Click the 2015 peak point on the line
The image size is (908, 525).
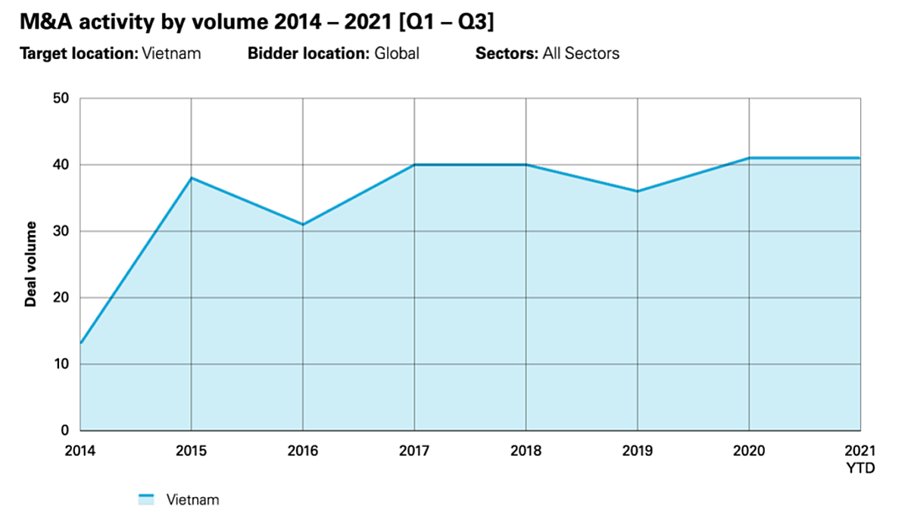pyautogui.click(x=191, y=178)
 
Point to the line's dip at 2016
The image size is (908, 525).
pyautogui.click(x=303, y=224)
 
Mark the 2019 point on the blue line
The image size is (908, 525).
pyautogui.click(x=638, y=191)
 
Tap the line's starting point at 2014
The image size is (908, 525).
pyautogui.click(x=80, y=343)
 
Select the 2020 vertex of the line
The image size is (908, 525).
pyautogui.click(x=749, y=158)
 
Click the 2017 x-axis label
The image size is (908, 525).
pyautogui.click(x=414, y=451)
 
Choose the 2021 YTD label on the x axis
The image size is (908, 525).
pyautogui.click(x=860, y=459)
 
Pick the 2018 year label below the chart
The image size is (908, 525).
pyautogui.click(x=526, y=451)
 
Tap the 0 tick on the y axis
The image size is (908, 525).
pyautogui.click(x=64, y=430)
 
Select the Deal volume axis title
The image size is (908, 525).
pyautogui.click(x=31, y=264)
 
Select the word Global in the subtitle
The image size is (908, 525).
pyautogui.click(x=396, y=54)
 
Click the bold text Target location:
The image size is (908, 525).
pyautogui.click(x=79, y=54)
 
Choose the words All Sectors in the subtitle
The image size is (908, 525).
pyautogui.click(x=581, y=54)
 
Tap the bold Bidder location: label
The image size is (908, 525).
pyautogui.click(x=308, y=54)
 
